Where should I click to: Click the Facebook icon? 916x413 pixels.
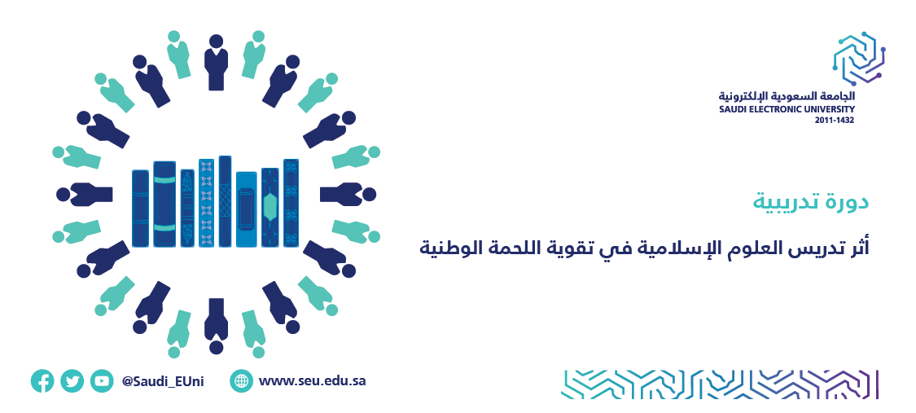point(42,381)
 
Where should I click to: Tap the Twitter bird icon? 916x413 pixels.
point(72,381)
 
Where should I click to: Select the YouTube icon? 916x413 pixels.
point(103,381)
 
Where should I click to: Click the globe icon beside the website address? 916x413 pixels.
point(241,381)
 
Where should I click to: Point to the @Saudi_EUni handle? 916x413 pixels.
point(163,382)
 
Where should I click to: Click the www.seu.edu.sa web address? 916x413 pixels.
point(312,381)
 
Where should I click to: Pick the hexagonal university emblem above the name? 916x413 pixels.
point(857,59)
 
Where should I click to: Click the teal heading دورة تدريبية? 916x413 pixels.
point(810,202)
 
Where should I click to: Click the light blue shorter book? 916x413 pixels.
point(247,209)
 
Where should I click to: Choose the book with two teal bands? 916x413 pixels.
point(164,204)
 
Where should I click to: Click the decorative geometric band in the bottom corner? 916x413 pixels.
point(720,384)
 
